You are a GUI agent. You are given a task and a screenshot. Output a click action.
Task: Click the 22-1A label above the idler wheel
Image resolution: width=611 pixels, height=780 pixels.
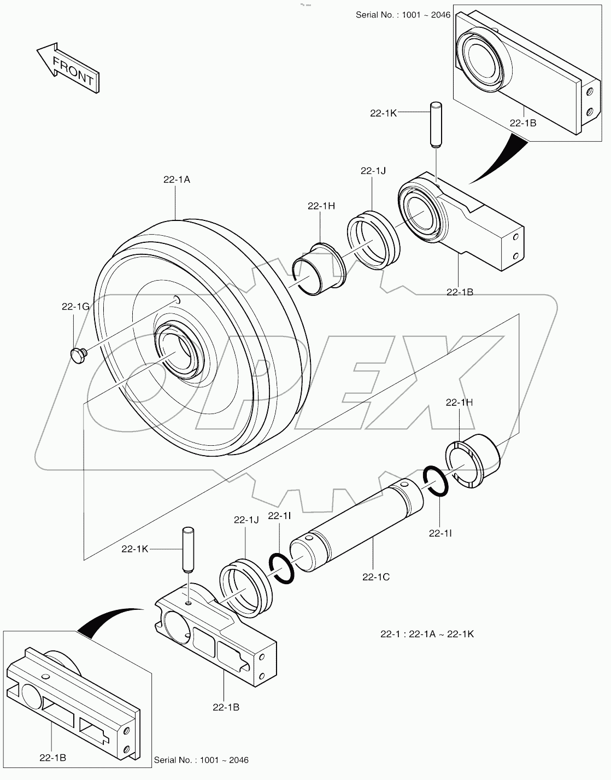(x=176, y=179)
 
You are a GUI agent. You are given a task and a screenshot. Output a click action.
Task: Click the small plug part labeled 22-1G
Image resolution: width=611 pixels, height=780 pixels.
(x=79, y=355)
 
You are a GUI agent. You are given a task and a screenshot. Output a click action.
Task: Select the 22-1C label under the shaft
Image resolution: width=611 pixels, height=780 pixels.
(x=375, y=576)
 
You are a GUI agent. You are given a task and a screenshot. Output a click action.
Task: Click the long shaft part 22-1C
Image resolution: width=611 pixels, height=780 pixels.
(x=355, y=525)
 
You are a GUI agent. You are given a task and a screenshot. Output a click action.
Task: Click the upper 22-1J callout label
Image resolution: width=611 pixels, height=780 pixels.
(x=373, y=171)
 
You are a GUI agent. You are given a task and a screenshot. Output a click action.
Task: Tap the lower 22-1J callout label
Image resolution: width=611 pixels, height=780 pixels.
(x=246, y=520)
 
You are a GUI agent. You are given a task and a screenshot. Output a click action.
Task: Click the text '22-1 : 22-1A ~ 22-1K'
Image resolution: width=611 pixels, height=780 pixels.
(x=427, y=634)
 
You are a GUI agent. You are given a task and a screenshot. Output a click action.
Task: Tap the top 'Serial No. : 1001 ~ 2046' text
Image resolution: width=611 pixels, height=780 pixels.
(x=403, y=15)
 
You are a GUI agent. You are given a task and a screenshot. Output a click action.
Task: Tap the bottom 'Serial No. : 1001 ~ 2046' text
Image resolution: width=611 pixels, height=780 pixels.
(x=201, y=760)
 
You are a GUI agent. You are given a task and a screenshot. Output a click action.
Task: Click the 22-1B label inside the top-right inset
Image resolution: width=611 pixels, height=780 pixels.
(x=522, y=123)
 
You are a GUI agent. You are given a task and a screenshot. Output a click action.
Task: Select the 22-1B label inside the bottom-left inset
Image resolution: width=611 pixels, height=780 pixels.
(x=53, y=758)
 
